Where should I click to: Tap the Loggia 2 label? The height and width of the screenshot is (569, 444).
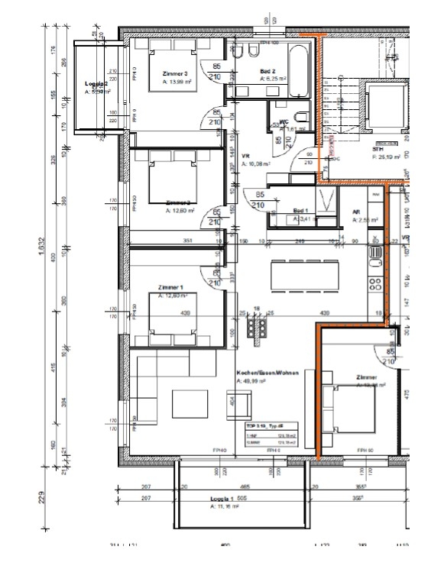[97, 84]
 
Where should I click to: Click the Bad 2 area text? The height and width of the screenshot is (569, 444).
[273, 78]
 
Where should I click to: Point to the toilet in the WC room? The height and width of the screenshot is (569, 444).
[301, 118]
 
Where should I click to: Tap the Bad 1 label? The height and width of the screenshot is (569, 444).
[300, 210]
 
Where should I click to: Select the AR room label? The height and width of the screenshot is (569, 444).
[356, 213]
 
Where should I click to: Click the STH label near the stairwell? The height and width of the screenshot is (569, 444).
[377, 150]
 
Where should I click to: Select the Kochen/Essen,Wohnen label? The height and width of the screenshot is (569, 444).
[270, 371]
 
